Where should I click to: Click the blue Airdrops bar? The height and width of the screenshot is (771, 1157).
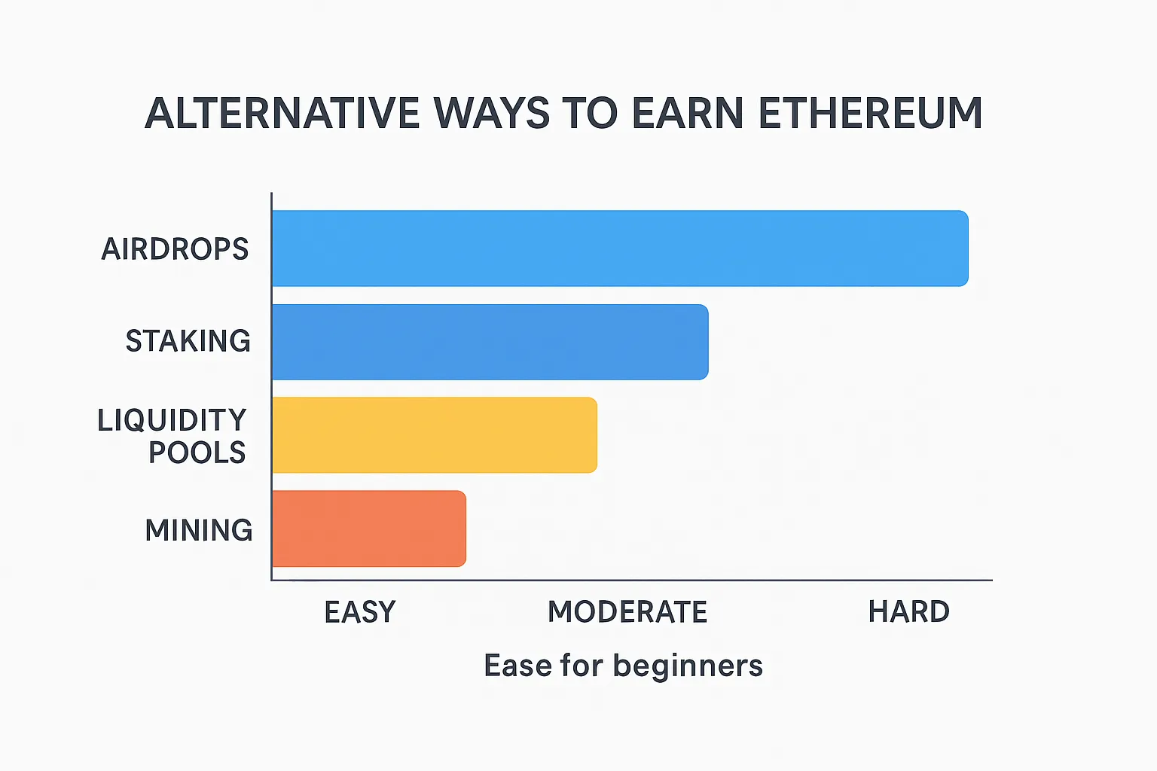tap(621, 248)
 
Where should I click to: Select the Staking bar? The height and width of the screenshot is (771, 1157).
tap(490, 342)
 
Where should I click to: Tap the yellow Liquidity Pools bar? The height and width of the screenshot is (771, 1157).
tap(435, 435)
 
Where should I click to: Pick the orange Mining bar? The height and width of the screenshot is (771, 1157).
tap(369, 529)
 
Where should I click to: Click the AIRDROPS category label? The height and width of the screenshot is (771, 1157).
tap(175, 249)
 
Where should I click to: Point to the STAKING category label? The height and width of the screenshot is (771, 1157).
tap(188, 341)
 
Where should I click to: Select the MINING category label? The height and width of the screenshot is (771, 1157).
tap(199, 530)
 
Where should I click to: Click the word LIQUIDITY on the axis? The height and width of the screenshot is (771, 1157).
tap(172, 420)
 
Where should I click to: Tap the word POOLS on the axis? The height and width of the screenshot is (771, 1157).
tap(197, 453)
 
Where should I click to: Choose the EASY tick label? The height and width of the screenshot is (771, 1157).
tap(360, 612)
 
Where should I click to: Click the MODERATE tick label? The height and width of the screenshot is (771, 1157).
tap(627, 612)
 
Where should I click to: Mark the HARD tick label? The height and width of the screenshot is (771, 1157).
tap(909, 612)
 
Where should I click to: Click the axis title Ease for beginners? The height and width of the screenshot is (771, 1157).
tap(624, 666)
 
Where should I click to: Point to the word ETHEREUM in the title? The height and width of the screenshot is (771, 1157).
tap(870, 113)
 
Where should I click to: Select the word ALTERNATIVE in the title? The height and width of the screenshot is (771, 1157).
tap(282, 113)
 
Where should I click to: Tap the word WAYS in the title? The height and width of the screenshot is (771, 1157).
tap(492, 113)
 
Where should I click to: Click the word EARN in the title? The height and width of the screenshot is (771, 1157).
tap(688, 113)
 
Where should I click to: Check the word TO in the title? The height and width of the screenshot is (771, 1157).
tap(591, 113)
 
